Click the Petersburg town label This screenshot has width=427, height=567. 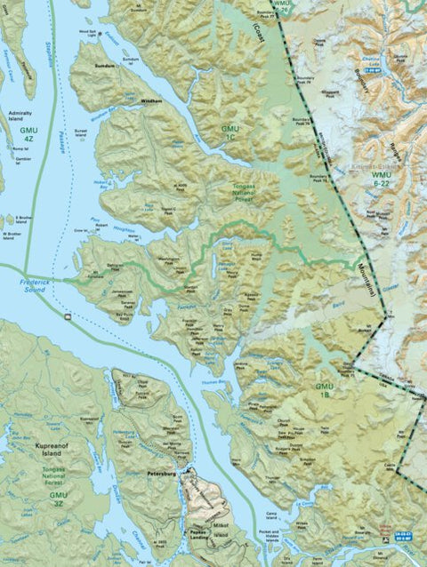pos(163,475)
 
